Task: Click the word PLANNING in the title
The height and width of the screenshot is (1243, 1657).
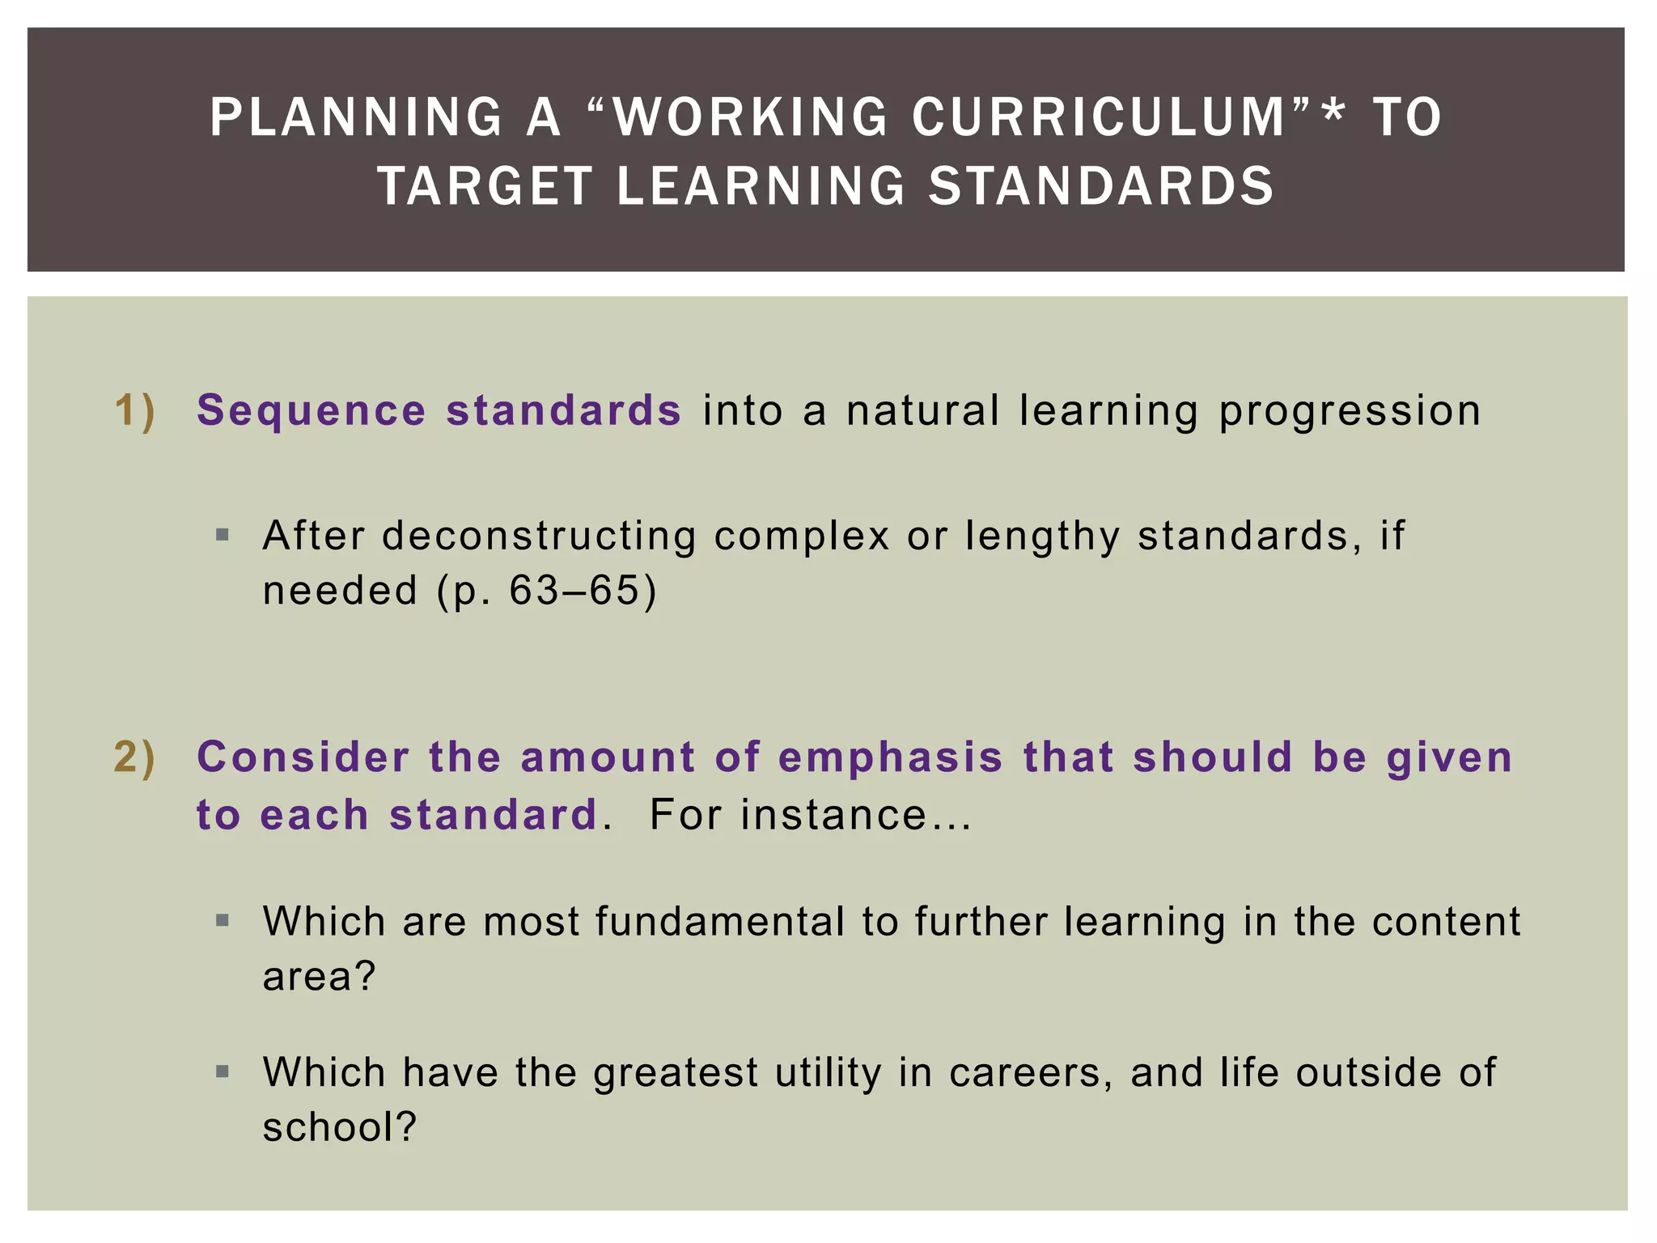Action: [x=356, y=117]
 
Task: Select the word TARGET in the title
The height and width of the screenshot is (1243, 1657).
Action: [x=485, y=186]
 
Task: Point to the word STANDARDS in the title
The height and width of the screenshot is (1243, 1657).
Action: [x=1101, y=186]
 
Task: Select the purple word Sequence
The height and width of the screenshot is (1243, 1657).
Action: [x=311, y=409]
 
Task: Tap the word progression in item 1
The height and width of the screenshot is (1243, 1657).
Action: [x=1350, y=411]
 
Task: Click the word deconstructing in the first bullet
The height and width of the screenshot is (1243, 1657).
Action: [x=539, y=536]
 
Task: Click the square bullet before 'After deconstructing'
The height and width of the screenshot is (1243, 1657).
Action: [x=223, y=535]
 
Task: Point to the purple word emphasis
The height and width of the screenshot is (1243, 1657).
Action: [x=890, y=759]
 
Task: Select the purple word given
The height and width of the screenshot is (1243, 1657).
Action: [x=1449, y=759]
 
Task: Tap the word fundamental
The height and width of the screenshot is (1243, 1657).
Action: [x=720, y=922]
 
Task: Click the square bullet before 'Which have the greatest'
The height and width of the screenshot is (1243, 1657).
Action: [x=223, y=1072]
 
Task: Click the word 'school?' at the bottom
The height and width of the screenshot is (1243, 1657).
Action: [x=339, y=1127]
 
